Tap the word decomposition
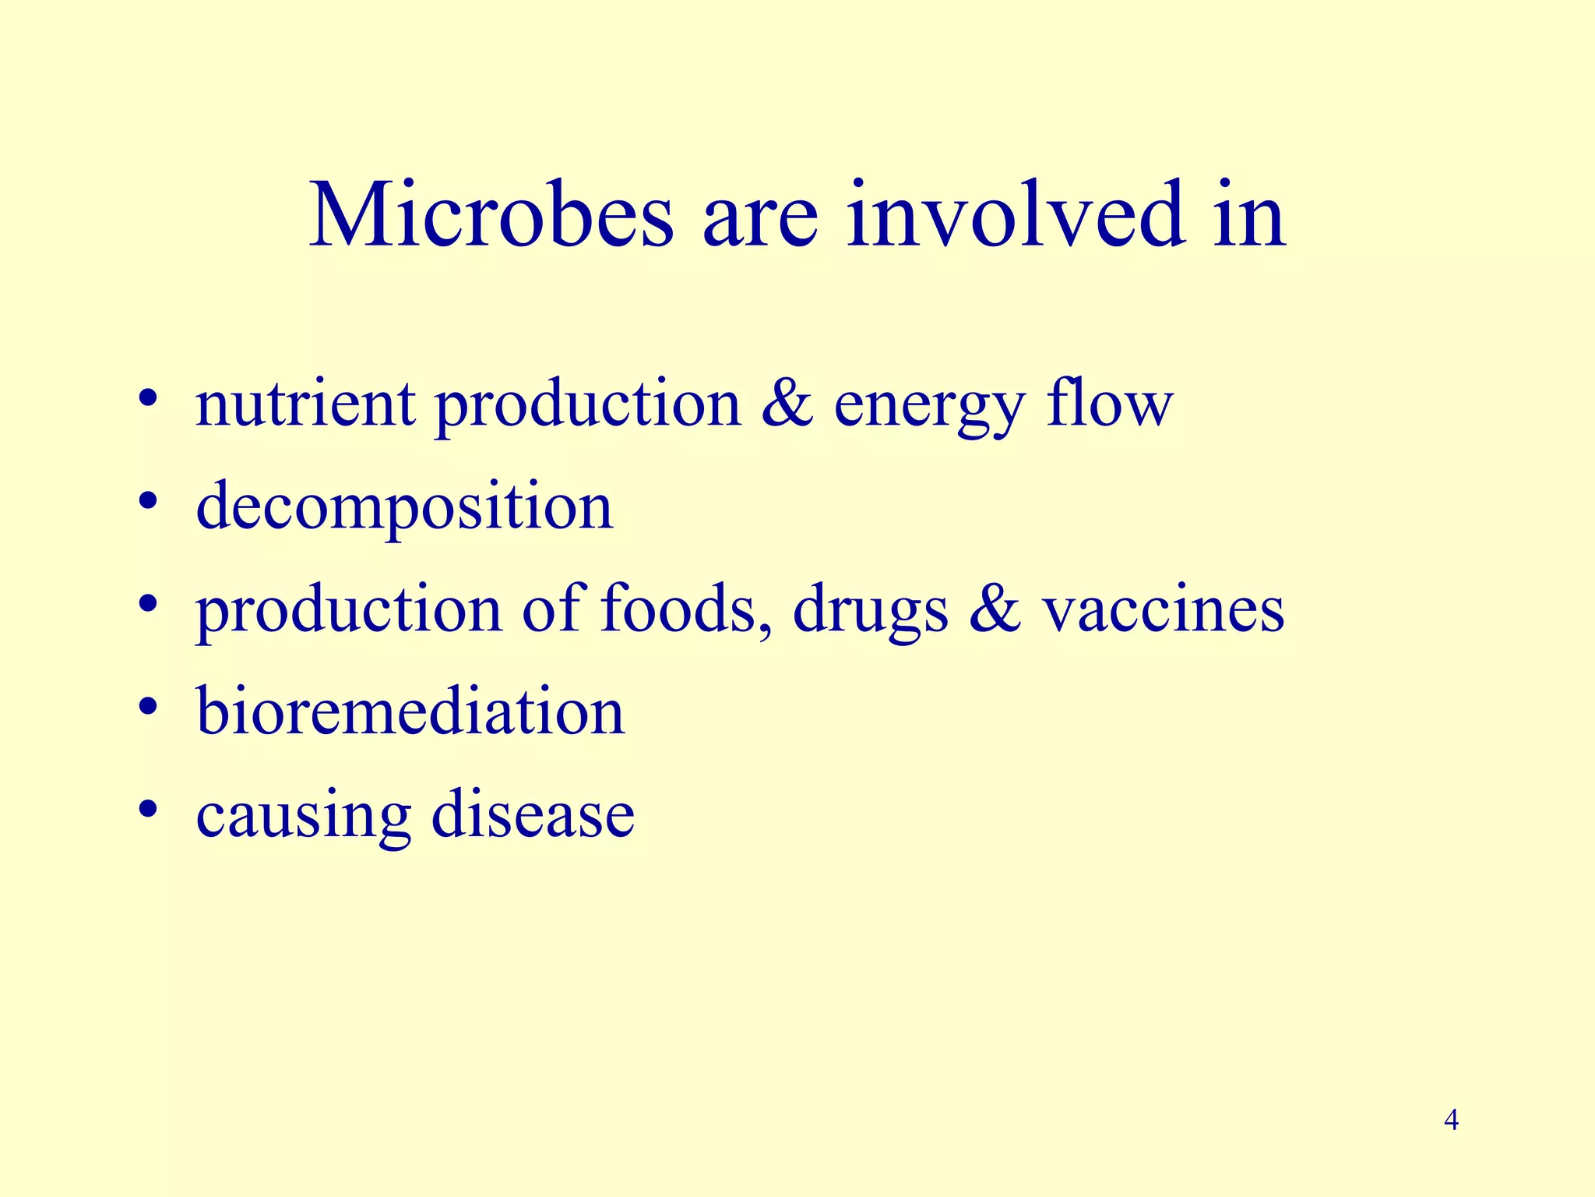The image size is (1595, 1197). click(404, 507)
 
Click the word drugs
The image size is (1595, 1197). click(871, 611)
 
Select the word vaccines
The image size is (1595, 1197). click(1164, 609)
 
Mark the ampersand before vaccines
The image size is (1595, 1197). click(995, 609)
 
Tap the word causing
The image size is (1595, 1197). click(303, 817)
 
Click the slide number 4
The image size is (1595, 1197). click(1451, 1121)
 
